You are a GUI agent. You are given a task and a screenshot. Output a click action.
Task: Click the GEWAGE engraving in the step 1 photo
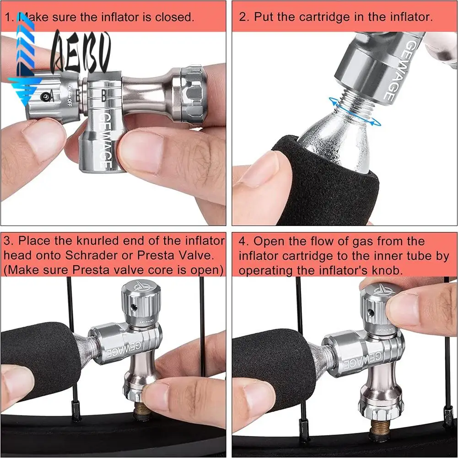point(103,140)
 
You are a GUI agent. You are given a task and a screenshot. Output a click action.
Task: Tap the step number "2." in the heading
point(244,18)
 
